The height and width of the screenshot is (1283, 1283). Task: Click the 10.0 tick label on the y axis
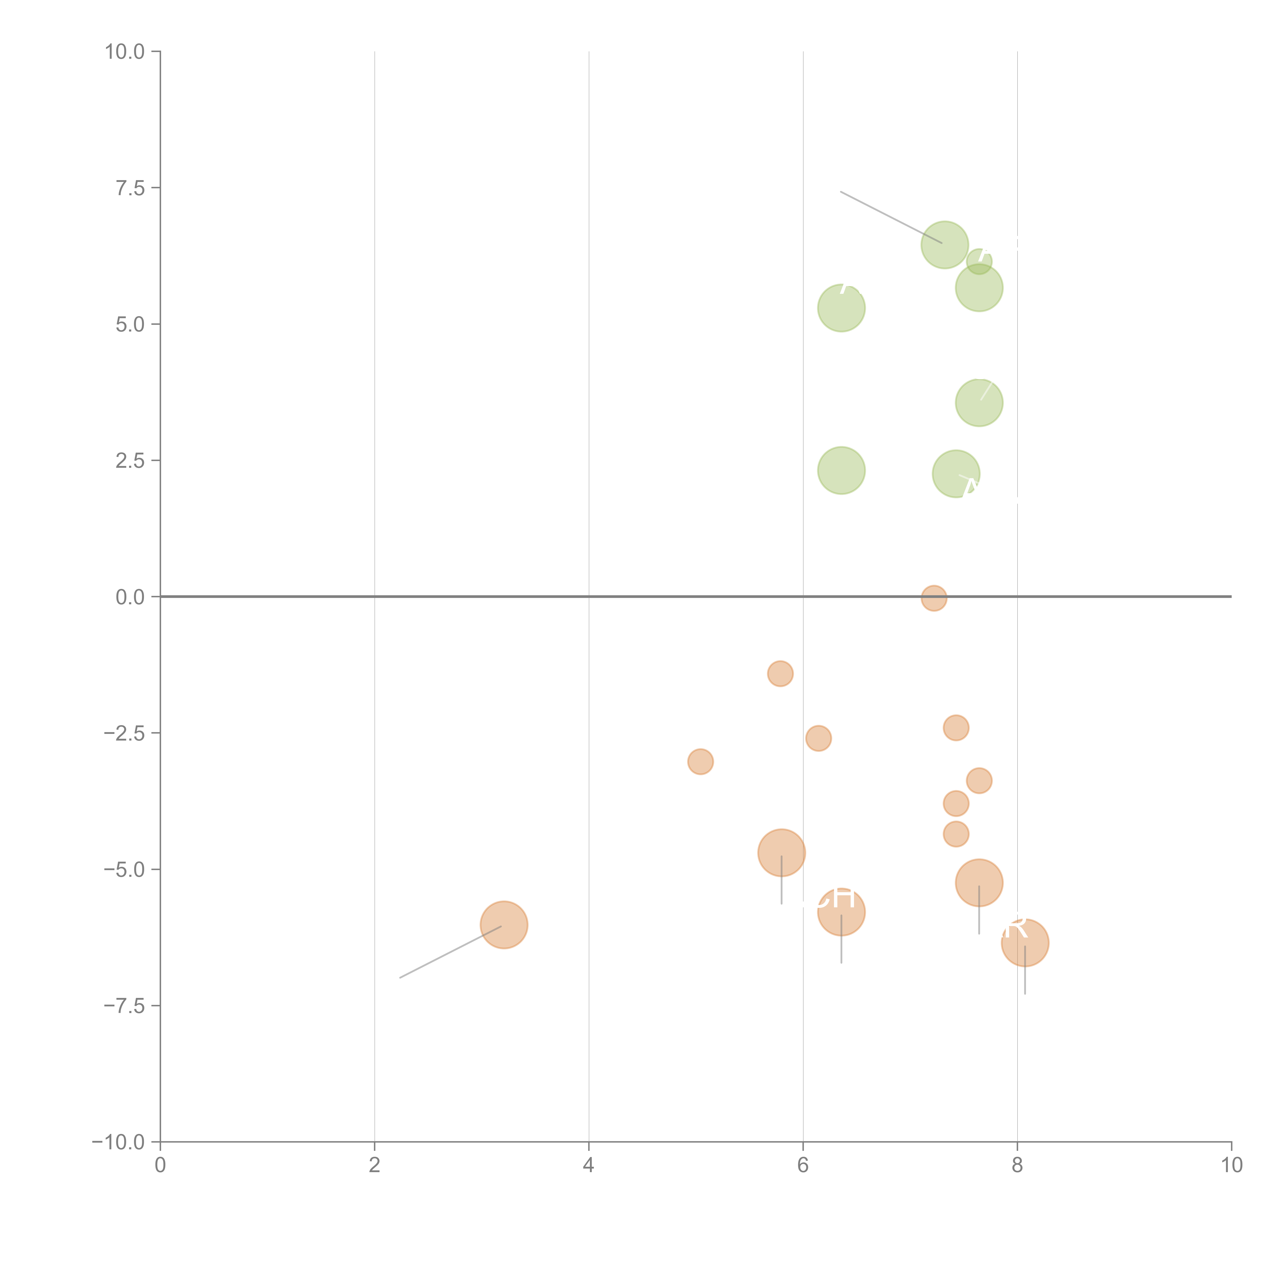tap(125, 52)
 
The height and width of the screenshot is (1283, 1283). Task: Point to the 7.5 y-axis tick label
tap(130, 188)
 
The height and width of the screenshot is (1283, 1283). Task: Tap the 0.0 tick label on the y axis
tap(130, 597)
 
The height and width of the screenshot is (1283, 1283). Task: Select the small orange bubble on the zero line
tap(934, 598)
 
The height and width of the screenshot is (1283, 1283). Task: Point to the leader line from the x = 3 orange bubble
tap(452, 951)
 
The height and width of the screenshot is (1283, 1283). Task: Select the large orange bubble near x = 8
tap(1025, 942)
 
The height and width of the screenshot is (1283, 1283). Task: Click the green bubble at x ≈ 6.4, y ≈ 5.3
tap(841, 307)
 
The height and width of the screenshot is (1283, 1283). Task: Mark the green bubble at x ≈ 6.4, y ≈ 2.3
tap(841, 470)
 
